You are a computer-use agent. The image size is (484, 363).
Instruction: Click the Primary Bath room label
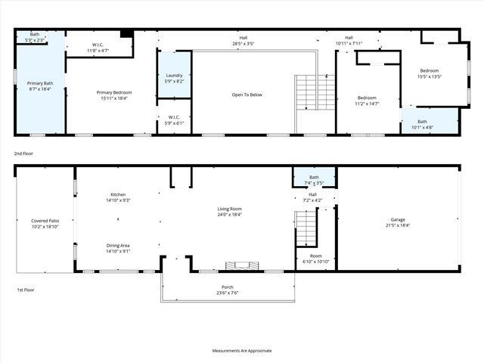pos(39,85)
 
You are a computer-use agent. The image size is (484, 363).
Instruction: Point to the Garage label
pos(397,222)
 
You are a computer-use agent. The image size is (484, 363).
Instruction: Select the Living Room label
pos(230,212)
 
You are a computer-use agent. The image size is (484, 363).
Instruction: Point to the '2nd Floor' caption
pos(24,153)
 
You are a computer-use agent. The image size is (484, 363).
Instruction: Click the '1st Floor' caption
pos(26,290)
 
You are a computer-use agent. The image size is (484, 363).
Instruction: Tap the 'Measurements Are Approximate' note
pos(242,350)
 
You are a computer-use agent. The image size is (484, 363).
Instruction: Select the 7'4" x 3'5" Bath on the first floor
pos(314,179)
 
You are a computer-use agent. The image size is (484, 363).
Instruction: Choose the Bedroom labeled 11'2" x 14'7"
pos(368,101)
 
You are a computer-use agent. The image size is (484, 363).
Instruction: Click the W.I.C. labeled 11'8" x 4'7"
pos(98,48)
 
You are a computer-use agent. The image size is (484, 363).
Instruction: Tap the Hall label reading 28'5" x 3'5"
pos(243,41)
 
